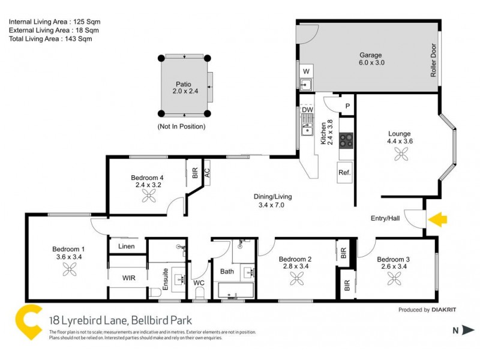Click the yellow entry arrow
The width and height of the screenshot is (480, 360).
tap(438, 220)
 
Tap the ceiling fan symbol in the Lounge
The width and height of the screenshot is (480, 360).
tap(400, 155)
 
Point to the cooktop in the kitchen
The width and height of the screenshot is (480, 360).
tap(347, 140)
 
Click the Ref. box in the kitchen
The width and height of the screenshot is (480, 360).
tap(344, 172)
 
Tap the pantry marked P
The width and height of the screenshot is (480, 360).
tap(347, 106)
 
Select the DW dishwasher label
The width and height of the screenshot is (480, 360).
tap(307, 110)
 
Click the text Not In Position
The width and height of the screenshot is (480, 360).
tap(181, 127)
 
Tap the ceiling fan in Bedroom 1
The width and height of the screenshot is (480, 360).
tap(67, 270)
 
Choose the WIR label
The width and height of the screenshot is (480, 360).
tap(127, 277)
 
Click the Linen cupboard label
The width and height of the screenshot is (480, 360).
tap(127, 247)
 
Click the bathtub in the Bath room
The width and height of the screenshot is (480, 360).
tap(236, 292)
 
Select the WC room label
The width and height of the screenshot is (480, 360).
tap(199, 282)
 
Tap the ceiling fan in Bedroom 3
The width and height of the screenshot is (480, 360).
tap(395, 277)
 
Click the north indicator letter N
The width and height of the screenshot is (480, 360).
tap(455, 329)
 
